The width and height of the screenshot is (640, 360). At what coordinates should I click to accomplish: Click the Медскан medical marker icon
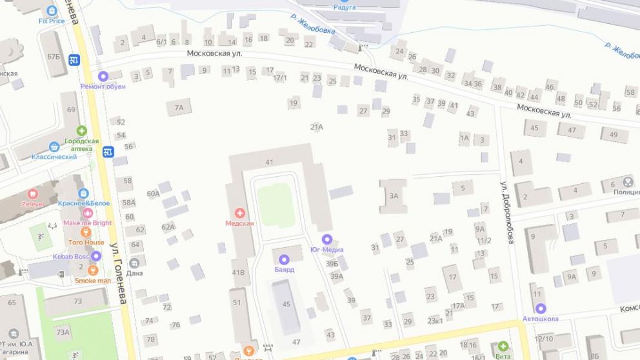(239, 212)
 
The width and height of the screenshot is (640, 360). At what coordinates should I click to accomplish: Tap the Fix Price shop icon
(52, 11)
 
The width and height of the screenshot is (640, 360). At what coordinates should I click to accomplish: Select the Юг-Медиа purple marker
(326, 239)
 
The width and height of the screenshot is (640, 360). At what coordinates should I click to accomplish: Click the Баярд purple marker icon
(283, 259)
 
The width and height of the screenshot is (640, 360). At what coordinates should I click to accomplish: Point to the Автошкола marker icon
(541, 308)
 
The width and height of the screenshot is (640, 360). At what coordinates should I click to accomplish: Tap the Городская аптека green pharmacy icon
(81, 131)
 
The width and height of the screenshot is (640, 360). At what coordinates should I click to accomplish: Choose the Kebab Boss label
(72, 257)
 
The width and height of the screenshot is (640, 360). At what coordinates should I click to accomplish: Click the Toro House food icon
(86, 232)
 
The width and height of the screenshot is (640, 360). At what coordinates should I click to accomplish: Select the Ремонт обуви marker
(103, 76)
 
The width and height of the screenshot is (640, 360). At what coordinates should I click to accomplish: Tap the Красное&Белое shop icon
(83, 193)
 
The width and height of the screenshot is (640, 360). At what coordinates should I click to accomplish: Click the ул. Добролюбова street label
(507, 212)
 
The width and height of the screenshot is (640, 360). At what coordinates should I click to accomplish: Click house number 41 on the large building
(270, 162)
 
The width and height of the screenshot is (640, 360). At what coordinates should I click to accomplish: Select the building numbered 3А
(393, 195)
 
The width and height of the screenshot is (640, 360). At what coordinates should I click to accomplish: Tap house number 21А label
(316, 127)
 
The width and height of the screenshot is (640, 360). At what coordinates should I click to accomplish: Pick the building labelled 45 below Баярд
(285, 303)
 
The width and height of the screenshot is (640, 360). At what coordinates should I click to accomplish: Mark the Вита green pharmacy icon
(503, 346)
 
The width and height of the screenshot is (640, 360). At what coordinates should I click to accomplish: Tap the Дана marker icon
(134, 263)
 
